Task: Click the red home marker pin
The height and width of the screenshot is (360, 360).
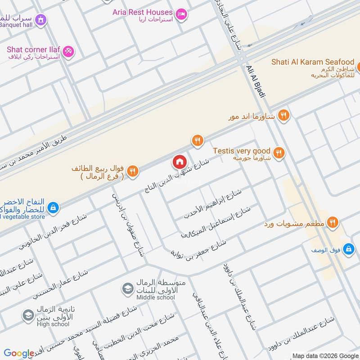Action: point(179,162)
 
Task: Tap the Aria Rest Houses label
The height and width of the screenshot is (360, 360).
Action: point(142,12)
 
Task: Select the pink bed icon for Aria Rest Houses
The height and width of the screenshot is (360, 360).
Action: point(181,14)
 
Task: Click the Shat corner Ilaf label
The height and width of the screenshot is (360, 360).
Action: point(33,49)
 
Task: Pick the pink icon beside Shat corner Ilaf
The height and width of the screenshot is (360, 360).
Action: point(68,51)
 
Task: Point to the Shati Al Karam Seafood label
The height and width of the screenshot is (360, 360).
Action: point(313,62)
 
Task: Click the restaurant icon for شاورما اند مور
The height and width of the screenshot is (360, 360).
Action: point(283,115)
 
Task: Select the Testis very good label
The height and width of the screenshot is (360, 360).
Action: point(242,151)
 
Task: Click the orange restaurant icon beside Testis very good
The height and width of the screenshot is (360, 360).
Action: point(279,153)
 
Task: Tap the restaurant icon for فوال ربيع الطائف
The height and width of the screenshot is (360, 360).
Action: point(132,171)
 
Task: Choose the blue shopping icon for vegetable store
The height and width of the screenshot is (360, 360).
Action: point(53,207)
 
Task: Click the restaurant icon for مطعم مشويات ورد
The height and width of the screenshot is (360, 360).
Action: point(333,221)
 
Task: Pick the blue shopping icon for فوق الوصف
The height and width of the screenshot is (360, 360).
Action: point(348,249)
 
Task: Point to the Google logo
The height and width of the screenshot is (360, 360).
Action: point(19,353)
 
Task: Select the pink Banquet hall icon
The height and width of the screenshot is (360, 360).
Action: point(41,20)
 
